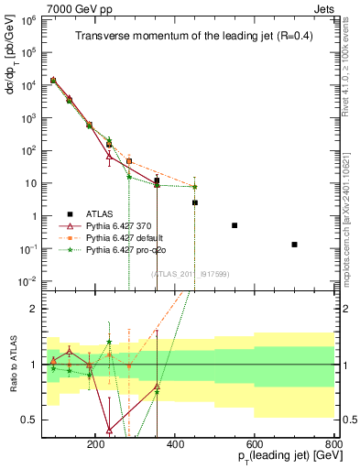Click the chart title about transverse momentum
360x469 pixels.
click(x=190, y=37)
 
